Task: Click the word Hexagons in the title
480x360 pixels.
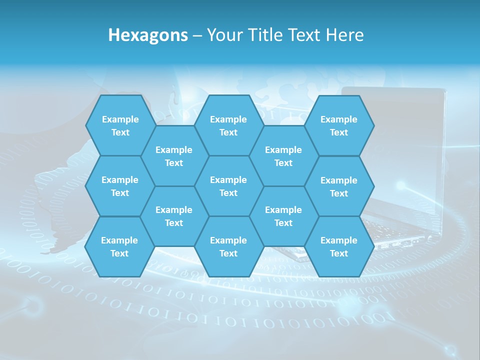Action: [x=148, y=35]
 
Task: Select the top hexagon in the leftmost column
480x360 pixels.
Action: [x=120, y=125]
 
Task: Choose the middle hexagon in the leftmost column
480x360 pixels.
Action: [x=120, y=186]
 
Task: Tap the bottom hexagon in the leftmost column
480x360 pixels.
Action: [x=119, y=246]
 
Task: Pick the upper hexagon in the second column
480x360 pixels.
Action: [x=174, y=156]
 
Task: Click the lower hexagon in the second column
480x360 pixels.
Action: [x=174, y=216]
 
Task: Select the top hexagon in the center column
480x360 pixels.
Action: [x=228, y=125]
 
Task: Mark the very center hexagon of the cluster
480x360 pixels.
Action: [x=228, y=186]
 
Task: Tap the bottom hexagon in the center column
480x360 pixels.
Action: [x=228, y=246]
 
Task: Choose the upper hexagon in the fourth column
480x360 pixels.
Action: [x=283, y=156]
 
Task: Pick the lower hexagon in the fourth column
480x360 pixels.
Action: [x=283, y=216]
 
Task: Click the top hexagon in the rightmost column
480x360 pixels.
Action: [x=339, y=125]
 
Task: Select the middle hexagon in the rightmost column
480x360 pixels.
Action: [x=339, y=186]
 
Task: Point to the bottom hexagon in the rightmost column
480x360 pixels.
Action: [x=339, y=246]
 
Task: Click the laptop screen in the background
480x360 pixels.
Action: [x=410, y=140]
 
